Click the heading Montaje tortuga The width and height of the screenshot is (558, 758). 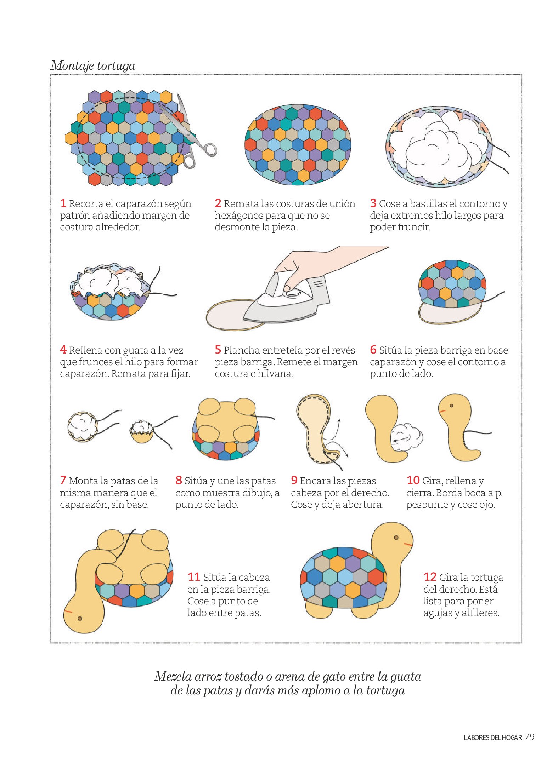tap(93, 65)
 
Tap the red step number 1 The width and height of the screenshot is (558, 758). tap(63, 203)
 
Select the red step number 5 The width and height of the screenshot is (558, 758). tap(218, 350)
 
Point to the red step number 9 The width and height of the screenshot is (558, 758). tap(294, 480)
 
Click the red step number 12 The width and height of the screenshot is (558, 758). tap(430, 577)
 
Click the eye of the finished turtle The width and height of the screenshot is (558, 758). tap(396, 538)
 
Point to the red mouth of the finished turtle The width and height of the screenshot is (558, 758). tap(408, 544)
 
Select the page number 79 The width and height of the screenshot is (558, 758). tap(529, 737)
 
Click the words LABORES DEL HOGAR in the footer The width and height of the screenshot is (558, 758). tap(493, 738)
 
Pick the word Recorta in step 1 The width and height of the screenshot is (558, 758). tap(86, 204)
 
